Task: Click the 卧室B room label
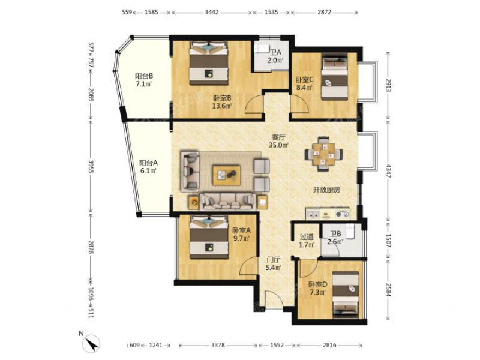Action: (x=222, y=102)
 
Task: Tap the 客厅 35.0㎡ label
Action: (x=278, y=141)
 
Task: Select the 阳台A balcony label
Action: (x=148, y=167)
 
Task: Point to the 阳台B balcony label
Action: (x=144, y=80)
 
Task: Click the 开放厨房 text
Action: (x=326, y=190)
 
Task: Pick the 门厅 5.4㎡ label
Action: (x=274, y=263)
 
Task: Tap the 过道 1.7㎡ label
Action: (x=307, y=241)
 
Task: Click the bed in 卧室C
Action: (x=335, y=77)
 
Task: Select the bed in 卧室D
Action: (x=346, y=294)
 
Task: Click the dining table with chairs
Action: (x=323, y=154)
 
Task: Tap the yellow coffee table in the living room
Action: (x=227, y=175)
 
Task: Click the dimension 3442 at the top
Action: (x=212, y=12)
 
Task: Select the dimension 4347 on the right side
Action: (x=388, y=171)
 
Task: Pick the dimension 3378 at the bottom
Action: (x=218, y=346)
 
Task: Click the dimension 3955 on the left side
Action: (x=91, y=166)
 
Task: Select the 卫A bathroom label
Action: (x=275, y=56)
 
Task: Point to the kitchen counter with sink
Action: (x=328, y=214)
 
